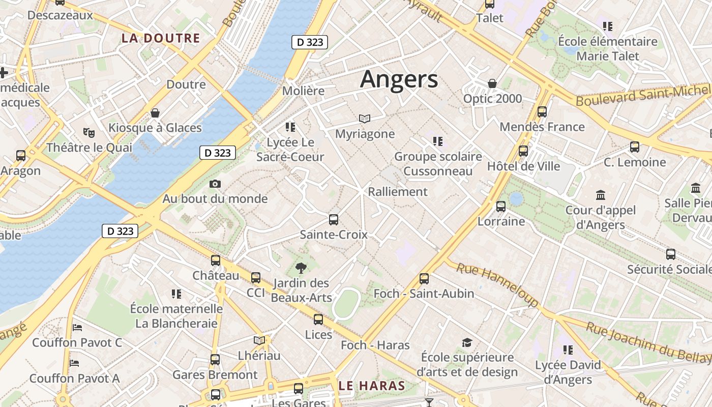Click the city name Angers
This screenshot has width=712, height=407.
(x=399, y=79)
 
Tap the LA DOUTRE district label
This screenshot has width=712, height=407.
(x=160, y=38)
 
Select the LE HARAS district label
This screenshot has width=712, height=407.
(x=372, y=386)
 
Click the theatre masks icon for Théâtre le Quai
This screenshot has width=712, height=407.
(x=89, y=133)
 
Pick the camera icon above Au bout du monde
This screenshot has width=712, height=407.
(x=215, y=184)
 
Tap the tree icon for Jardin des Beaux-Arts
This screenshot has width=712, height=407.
(x=301, y=268)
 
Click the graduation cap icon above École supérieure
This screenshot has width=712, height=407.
(x=467, y=342)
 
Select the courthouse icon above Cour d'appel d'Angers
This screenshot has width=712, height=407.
(x=601, y=195)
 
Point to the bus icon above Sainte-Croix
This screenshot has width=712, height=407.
(x=334, y=220)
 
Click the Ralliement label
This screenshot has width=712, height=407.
(x=398, y=192)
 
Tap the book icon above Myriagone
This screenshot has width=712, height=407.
(x=365, y=119)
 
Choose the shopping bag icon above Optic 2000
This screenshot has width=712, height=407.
(x=492, y=83)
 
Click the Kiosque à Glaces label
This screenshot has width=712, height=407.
(x=155, y=128)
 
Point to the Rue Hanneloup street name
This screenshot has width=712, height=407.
(x=497, y=284)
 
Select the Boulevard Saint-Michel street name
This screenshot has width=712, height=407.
(x=643, y=96)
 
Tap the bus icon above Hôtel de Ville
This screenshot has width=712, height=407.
(x=523, y=151)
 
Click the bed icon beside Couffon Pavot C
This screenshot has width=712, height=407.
(x=77, y=327)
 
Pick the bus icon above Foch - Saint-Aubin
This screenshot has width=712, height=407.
(x=424, y=279)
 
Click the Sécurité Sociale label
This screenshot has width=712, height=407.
(x=669, y=269)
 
